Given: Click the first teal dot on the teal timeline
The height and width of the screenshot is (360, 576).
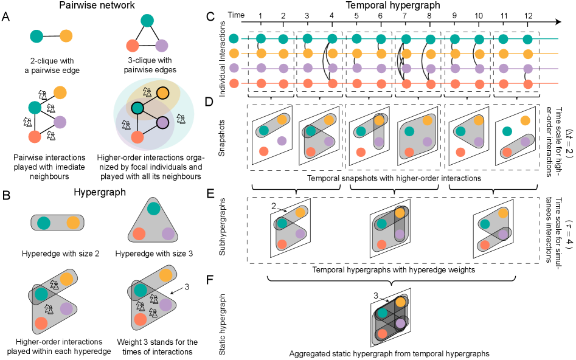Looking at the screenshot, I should (x=234, y=39).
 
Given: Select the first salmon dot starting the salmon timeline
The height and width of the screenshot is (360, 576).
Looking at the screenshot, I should (x=234, y=83).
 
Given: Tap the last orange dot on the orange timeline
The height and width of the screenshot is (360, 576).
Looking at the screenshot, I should (x=527, y=54).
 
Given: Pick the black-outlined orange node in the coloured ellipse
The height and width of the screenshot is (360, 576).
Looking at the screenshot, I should (x=162, y=93).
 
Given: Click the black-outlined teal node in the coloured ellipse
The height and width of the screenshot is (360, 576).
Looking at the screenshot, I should (x=137, y=108).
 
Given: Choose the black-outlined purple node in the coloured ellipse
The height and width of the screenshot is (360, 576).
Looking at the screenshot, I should (x=162, y=123).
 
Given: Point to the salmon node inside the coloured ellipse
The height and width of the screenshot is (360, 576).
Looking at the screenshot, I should (x=137, y=137).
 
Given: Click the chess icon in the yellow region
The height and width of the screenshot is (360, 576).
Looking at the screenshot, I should (x=147, y=92).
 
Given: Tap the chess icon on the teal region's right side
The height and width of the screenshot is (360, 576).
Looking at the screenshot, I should (x=181, y=119).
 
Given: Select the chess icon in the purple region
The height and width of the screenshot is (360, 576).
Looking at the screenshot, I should (x=126, y=125).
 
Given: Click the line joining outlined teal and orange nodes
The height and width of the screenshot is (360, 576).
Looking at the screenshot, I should (x=150, y=101).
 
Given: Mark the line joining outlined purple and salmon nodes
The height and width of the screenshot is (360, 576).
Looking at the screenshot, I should (x=150, y=130).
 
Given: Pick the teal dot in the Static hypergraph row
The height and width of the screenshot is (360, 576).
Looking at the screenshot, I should (x=382, y=313).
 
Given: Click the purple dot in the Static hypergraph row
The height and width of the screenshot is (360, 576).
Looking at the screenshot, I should (x=400, y=324).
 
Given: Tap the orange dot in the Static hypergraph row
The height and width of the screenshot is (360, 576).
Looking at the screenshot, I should (x=400, y=302).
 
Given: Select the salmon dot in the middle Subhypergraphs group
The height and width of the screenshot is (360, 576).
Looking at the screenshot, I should (x=381, y=244).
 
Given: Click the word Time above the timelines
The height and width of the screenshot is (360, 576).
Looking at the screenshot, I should (x=236, y=15).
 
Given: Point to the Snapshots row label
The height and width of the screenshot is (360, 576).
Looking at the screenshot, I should (x=222, y=137).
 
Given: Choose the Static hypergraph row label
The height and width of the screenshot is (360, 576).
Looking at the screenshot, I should (x=222, y=324).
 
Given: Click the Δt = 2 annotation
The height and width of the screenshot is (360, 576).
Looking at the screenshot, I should (x=569, y=144).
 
